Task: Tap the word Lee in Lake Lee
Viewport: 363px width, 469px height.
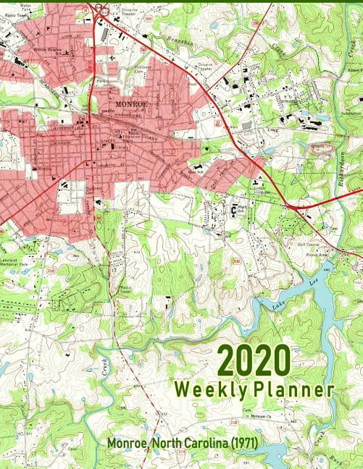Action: (x=312, y=279)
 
